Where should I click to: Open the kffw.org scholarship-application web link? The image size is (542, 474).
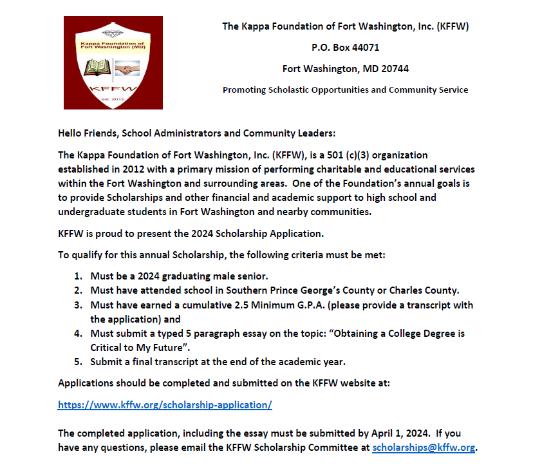tap(165, 405)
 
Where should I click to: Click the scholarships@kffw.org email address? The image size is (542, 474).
tap(424, 448)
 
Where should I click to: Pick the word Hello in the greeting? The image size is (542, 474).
tap(71, 134)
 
